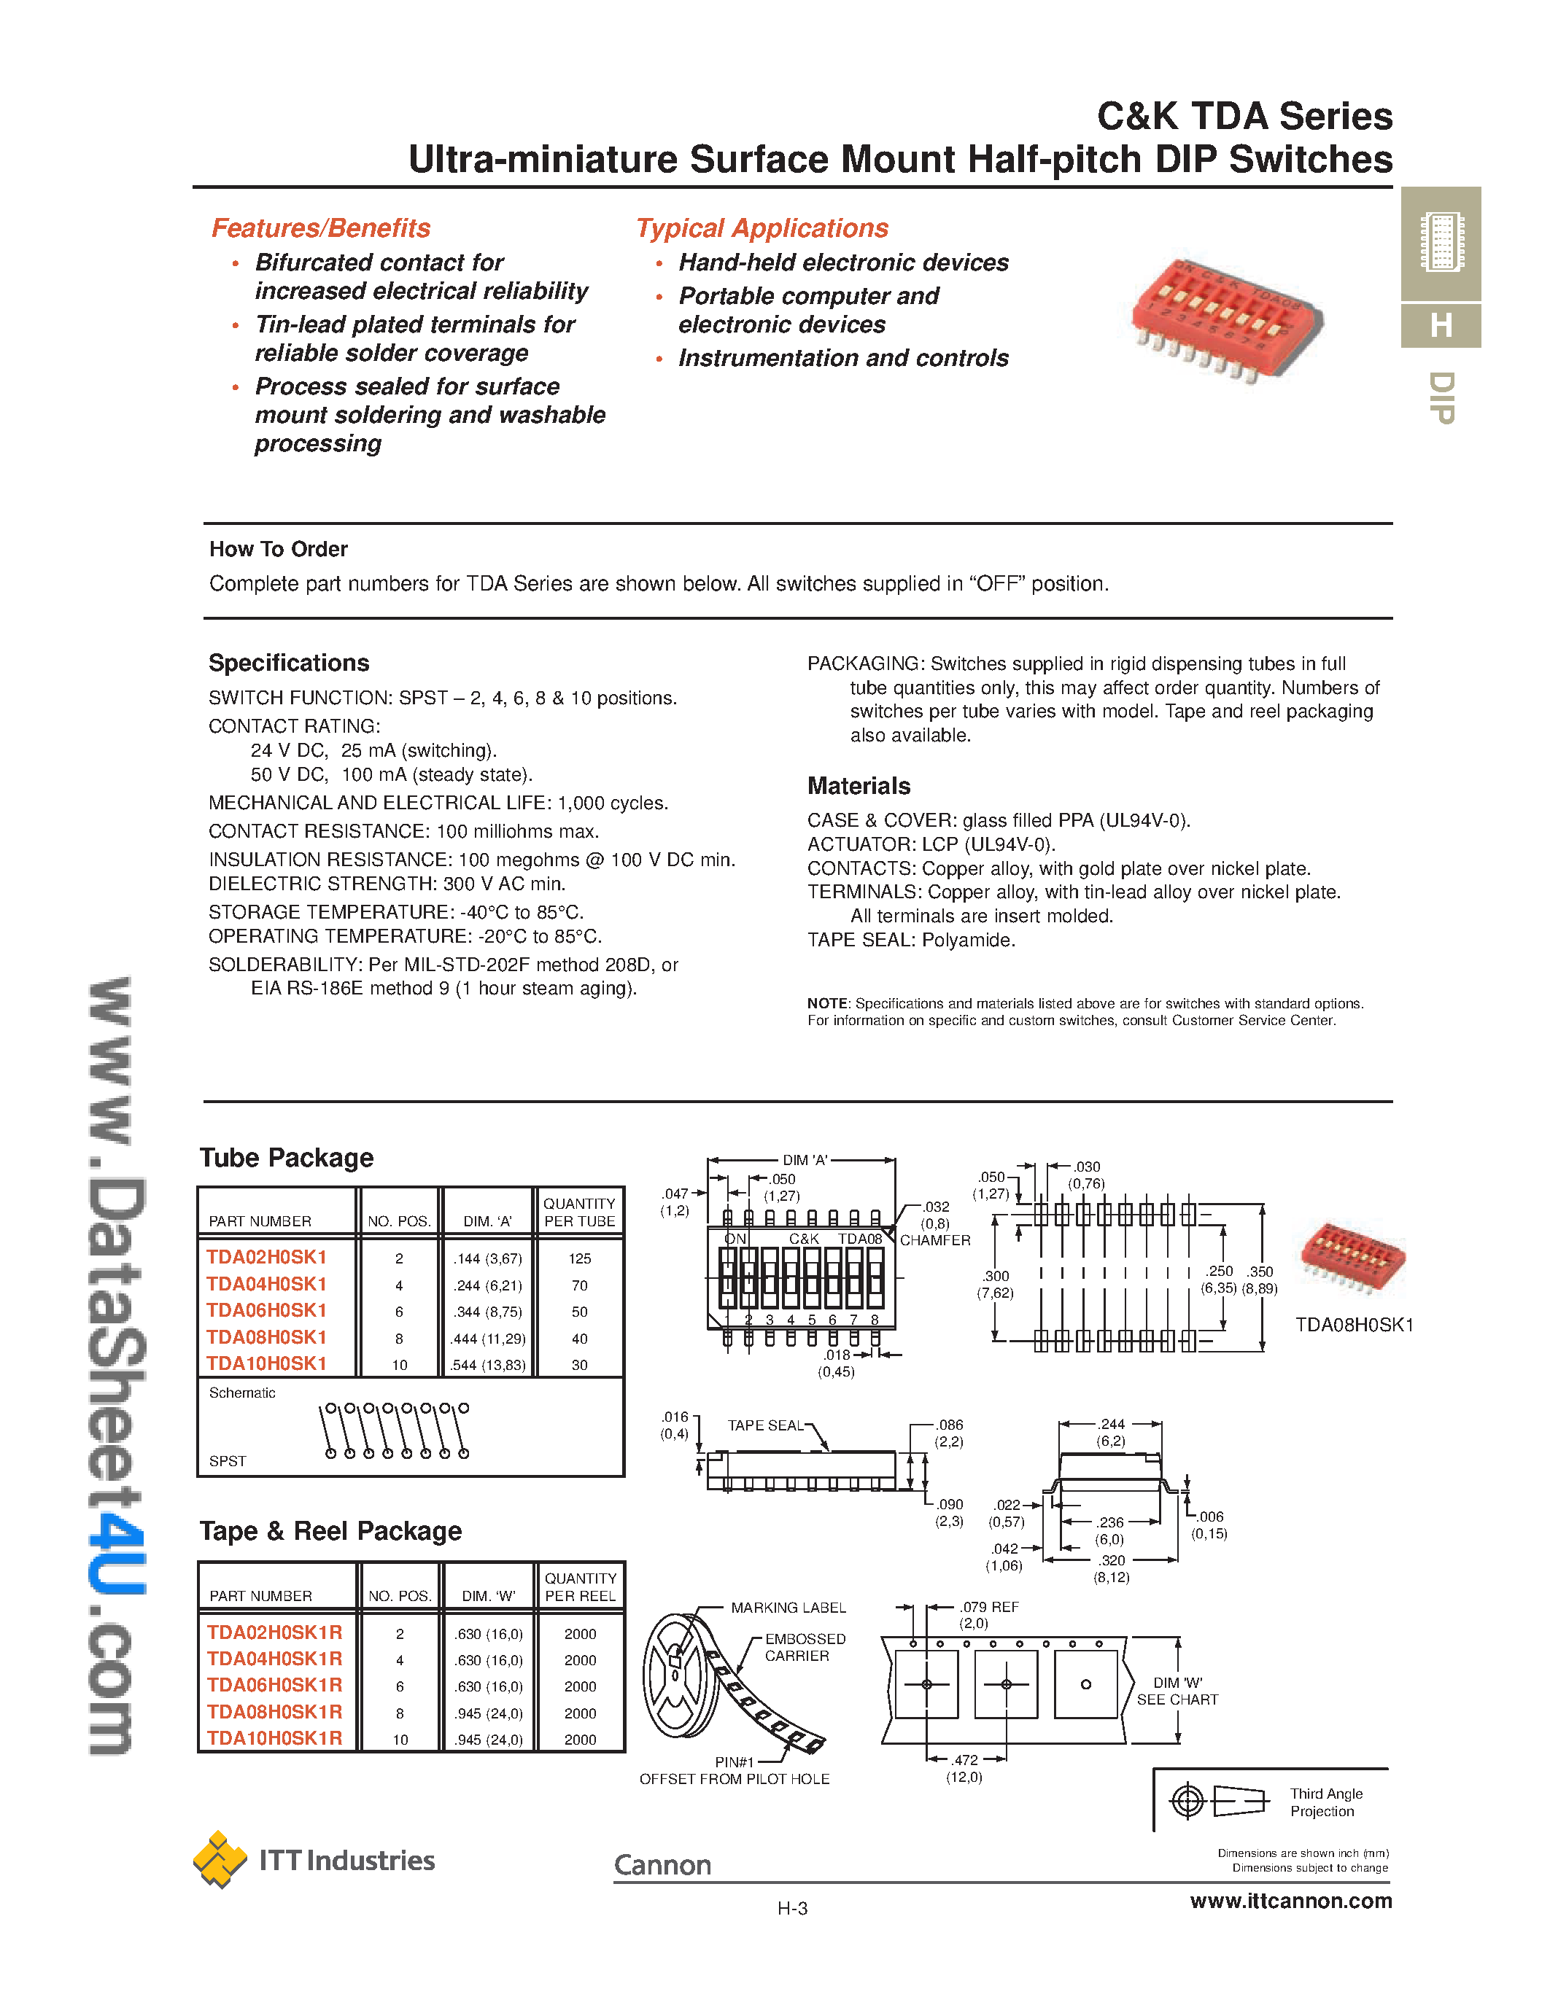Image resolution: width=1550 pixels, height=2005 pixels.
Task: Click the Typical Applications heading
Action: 762,227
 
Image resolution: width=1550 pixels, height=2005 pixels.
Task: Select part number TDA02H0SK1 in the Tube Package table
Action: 266,1257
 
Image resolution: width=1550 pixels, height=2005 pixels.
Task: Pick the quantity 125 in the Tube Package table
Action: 579,1258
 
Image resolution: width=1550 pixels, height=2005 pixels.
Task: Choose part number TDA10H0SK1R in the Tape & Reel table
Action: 274,1738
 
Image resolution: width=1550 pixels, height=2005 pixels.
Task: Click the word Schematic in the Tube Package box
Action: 241,1393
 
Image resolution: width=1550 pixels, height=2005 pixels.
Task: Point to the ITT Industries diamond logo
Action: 220,1859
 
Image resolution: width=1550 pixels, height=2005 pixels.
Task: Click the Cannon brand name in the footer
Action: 662,1864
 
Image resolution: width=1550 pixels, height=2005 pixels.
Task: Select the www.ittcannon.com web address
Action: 1290,1900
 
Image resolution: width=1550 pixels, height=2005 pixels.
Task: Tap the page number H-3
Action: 791,1909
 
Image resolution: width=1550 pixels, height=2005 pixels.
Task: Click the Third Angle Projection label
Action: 1325,1802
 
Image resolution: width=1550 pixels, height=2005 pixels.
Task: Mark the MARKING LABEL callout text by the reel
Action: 788,1608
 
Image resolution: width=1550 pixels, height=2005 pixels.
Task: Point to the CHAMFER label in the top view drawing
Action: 935,1240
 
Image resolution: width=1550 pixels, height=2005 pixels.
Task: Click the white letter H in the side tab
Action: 1440,325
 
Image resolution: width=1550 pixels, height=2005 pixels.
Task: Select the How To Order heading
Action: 278,549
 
